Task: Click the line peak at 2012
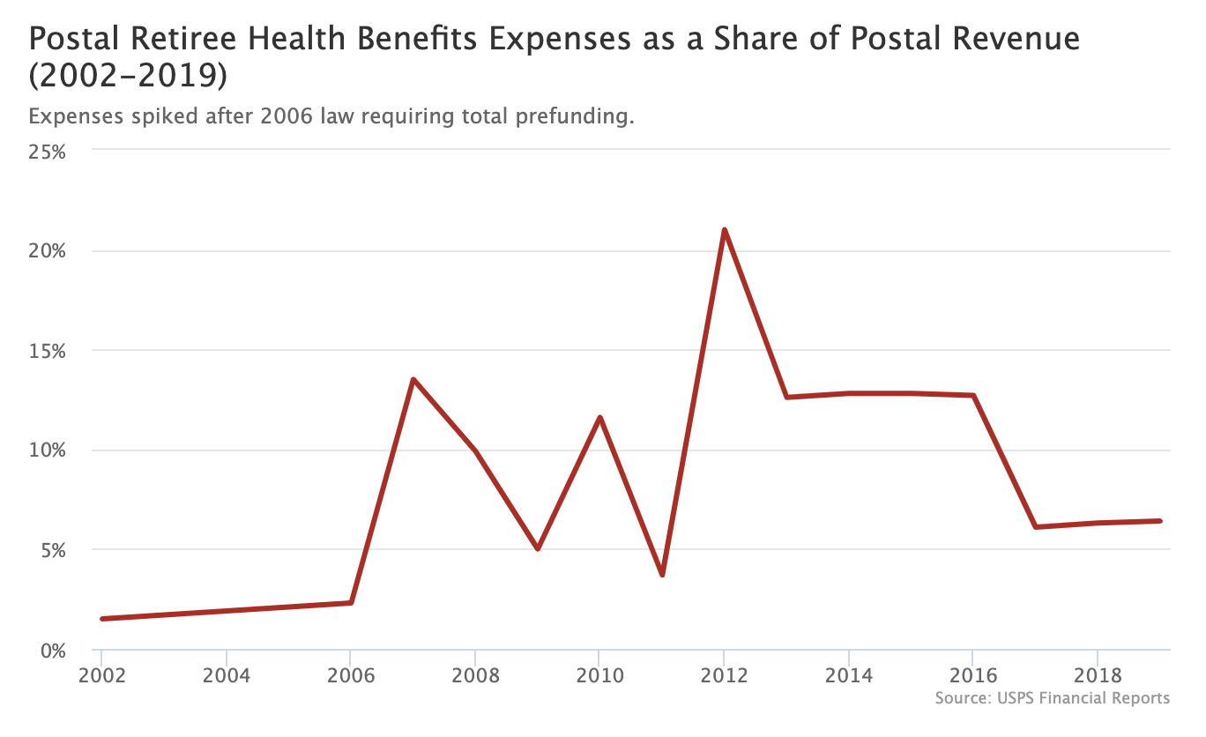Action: [724, 230]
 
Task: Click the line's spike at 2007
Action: [413, 380]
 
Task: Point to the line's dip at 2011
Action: [662, 575]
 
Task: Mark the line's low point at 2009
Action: [538, 548]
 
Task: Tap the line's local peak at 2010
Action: [599, 417]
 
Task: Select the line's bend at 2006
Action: [351, 603]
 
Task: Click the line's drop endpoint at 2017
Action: [1036, 527]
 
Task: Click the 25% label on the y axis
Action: [47, 151]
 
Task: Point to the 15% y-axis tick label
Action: [47, 351]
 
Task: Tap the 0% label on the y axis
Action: [52, 651]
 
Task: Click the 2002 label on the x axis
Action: [102, 676]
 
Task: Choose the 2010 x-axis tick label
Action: [599, 676]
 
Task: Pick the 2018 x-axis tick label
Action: [1098, 676]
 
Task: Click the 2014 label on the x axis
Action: [849, 676]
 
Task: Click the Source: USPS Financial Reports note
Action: [1053, 698]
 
